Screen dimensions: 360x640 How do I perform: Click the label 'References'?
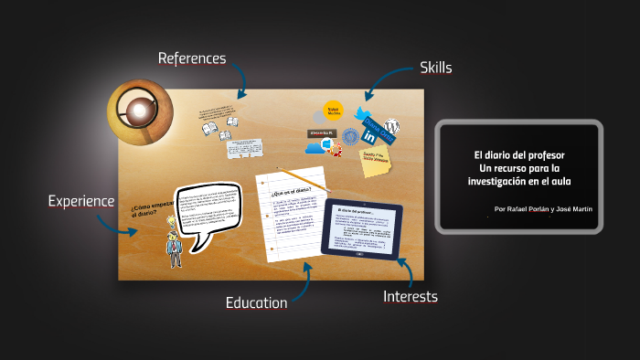tap(192, 58)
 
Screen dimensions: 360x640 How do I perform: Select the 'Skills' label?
tap(435, 67)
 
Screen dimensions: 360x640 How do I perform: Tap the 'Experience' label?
tap(81, 201)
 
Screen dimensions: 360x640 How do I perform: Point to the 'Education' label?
tap(257, 302)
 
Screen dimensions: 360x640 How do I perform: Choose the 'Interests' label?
tap(411, 296)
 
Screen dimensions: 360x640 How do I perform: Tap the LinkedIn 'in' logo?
tap(369, 136)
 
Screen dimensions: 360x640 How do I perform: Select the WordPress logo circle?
tap(392, 125)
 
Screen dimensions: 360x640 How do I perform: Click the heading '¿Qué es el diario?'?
tap(292, 192)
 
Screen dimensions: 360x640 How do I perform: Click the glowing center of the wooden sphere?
tap(139, 111)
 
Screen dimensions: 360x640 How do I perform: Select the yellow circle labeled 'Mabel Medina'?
tap(334, 109)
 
